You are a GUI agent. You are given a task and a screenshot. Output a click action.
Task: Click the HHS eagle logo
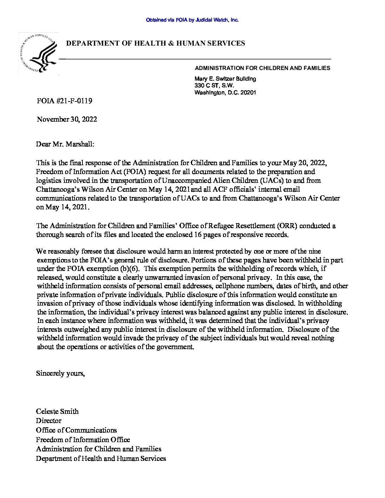pos(39,54)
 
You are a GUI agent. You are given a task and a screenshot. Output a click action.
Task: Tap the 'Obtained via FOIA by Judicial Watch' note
pos(192,20)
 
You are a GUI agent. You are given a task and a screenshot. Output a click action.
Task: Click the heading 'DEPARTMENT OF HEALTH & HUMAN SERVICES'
pos(156,44)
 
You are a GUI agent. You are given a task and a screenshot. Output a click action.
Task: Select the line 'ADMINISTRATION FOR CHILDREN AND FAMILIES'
pos(262,68)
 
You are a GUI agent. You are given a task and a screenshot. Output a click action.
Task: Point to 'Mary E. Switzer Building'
pos(225,79)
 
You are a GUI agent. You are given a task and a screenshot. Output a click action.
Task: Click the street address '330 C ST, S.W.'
pos(214,86)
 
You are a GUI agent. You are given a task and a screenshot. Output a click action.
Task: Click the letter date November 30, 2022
pos(67,119)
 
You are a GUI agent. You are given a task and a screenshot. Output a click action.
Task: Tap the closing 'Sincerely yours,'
pos(61,373)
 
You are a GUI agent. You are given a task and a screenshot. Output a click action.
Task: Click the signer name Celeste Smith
pos(57,411)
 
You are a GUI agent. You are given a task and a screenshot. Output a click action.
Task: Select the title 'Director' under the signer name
pos(48,421)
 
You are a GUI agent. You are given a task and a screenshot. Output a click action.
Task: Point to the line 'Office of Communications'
pos(76,430)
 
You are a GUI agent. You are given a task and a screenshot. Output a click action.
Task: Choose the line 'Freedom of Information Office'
pos(83,440)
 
